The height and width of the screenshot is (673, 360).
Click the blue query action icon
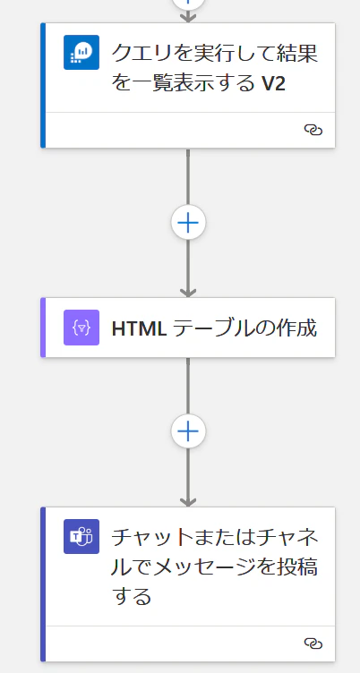[81, 52]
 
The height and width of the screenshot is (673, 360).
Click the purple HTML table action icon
[81, 328]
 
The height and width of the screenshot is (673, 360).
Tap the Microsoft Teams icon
[81, 536]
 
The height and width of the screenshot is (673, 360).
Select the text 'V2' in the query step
[273, 84]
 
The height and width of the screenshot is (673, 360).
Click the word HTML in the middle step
[139, 328]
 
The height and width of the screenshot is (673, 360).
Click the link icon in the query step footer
[313, 130]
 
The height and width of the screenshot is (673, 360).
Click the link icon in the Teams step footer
[313, 643]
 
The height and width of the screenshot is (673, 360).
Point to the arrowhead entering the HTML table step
[188, 293]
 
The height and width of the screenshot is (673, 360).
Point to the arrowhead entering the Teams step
[188, 502]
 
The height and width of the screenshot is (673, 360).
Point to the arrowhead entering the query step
[188, 18]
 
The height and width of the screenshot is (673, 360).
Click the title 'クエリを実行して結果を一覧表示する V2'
[215, 68]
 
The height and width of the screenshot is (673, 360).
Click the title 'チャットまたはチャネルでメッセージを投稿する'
[215, 567]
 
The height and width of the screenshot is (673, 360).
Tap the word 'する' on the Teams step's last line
[132, 596]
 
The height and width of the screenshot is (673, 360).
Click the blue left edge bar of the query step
[43, 85]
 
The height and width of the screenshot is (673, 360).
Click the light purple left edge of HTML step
[43, 328]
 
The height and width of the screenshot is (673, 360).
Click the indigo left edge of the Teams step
[43, 584]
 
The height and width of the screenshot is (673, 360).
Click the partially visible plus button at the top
[188, 4]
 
